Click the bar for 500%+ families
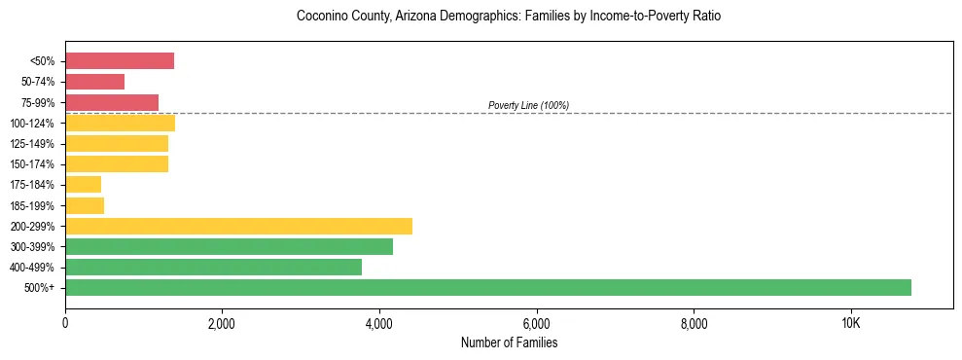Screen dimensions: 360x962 [x=487, y=287]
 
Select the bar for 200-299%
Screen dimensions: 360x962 [x=238, y=226]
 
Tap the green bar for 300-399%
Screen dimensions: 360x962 [x=229, y=246]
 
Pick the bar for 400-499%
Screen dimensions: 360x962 [x=213, y=267]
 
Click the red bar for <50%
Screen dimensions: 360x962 [x=120, y=61]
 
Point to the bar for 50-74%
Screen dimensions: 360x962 [x=94, y=82]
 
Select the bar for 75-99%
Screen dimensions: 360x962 [x=112, y=102]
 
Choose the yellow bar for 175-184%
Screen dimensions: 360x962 [x=83, y=184]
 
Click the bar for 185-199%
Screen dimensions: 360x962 [x=85, y=205]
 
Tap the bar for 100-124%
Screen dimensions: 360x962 [x=120, y=123]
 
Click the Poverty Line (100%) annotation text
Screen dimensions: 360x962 [x=528, y=105]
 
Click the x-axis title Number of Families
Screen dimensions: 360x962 [x=509, y=342]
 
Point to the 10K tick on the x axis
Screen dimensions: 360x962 [x=850, y=323]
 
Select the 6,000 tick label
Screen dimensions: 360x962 [x=536, y=323]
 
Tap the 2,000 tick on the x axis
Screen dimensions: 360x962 [x=222, y=323]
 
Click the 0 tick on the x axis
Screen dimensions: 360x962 [x=65, y=323]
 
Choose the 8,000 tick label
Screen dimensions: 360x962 [x=694, y=323]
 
